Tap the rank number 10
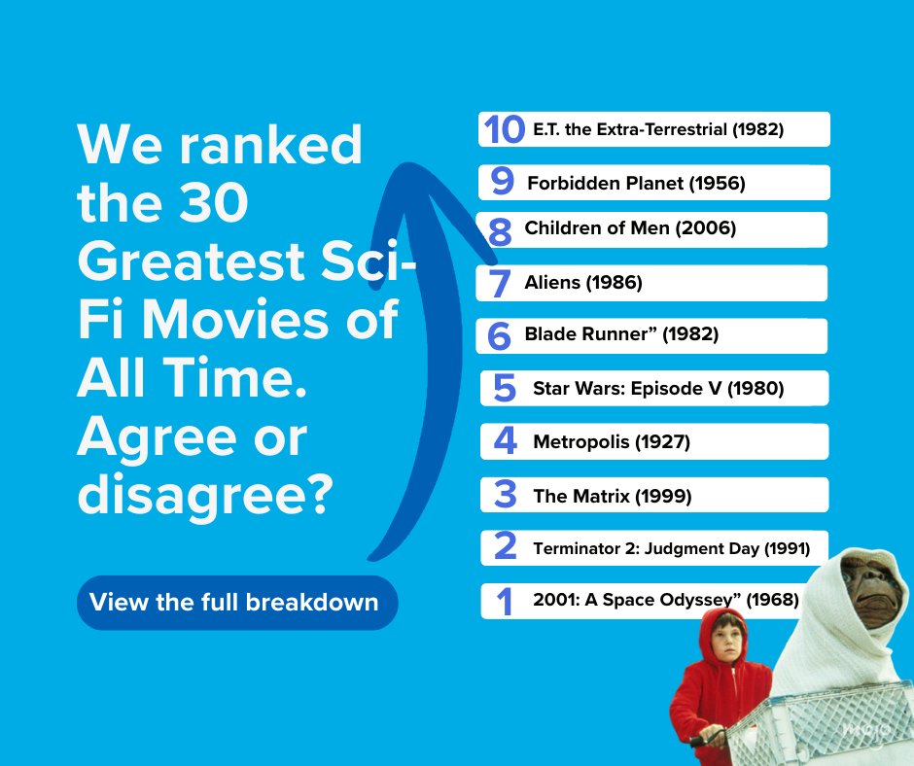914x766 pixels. pyautogui.click(x=505, y=129)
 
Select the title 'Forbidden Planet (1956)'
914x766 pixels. pyautogui.click(x=636, y=183)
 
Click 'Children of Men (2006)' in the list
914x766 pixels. pyautogui.click(x=630, y=229)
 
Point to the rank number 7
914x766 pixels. pyautogui.click(x=501, y=284)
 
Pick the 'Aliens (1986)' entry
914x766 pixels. pyautogui.click(x=583, y=283)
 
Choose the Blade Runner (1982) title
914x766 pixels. pyautogui.click(x=621, y=335)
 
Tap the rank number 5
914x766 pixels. pyautogui.click(x=505, y=389)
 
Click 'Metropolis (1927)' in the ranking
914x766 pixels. pyautogui.click(x=612, y=442)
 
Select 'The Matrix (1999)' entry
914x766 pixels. pyautogui.click(x=613, y=496)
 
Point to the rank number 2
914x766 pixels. pyautogui.click(x=505, y=547)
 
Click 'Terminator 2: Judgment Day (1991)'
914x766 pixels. pyautogui.click(x=671, y=549)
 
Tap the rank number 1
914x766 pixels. pyautogui.click(x=504, y=602)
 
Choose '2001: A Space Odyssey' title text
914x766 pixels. pyautogui.click(x=665, y=601)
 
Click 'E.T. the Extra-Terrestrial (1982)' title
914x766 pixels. pyautogui.click(x=658, y=129)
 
